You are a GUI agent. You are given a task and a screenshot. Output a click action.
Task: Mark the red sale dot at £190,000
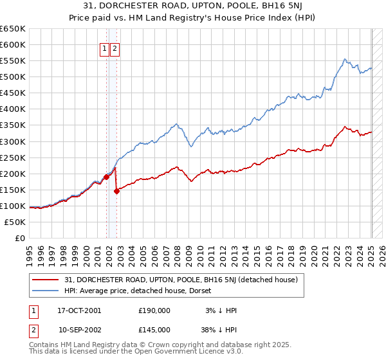[x=106, y=176]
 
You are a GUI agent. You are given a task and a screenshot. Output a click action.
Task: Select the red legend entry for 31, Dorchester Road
[x=181, y=280]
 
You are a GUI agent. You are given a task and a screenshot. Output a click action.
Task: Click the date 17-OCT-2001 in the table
[x=79, y=310]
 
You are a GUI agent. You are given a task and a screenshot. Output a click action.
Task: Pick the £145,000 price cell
[x=154, y=330]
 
